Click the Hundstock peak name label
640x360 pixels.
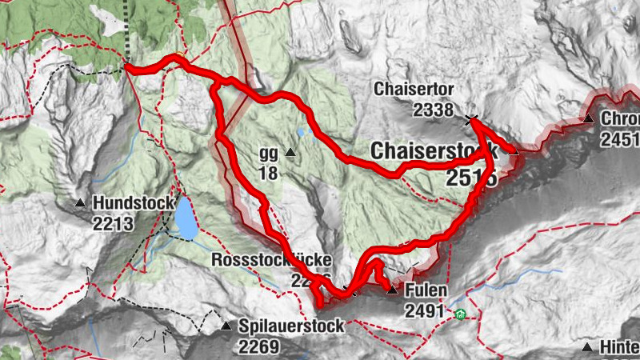pyautogui.click(x=134, y=203)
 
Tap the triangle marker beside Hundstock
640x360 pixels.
pyautogui.click(x=80, y=203)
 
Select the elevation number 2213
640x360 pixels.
pyautogui.click(x=113, y=224)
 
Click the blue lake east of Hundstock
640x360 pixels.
pyautogui.click(x=186, y=218)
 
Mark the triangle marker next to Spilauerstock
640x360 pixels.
pyautogui.click(x=226, y=326)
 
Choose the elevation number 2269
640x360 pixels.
pyautogui.click(x=258, y=346)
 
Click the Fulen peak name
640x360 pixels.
pyautogui.click(x=426, y=290)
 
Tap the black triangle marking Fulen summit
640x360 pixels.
pyautogui.click(x=392, y=290)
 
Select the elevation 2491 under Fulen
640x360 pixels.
pyautogui.click(x=425, y=310)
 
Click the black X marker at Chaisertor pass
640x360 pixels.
pyautogui.click(x=471, y=121)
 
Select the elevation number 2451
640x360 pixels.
pyautogui.click(x=621, y=140)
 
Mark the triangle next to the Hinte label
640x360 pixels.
pyautogui.click(x=588, y=347)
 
